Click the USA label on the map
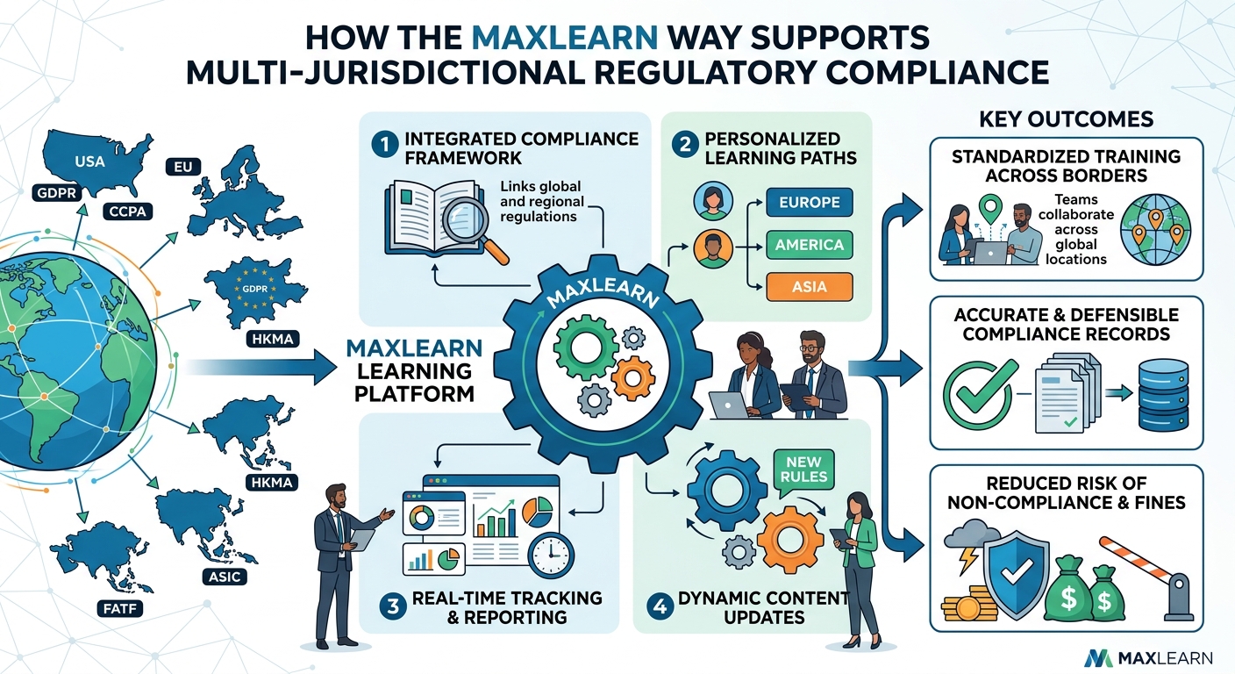tap(89, 161)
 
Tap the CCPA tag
tap(127, 212)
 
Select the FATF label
tap(120, 609)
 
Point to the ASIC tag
tap(225, 577)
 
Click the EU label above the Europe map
tap(183, 167)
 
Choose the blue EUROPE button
tap(810, 202)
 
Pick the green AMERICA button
tap(810, 244)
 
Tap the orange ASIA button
tap(810, 287)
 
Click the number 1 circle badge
tap(384, 145)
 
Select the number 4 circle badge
tap(660, 606)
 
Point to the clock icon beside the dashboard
tap(551, 556)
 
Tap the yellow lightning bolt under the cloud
tap(968, 559)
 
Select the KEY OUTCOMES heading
tap(1067, 119)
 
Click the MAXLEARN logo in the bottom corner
tap(1148, 657)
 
